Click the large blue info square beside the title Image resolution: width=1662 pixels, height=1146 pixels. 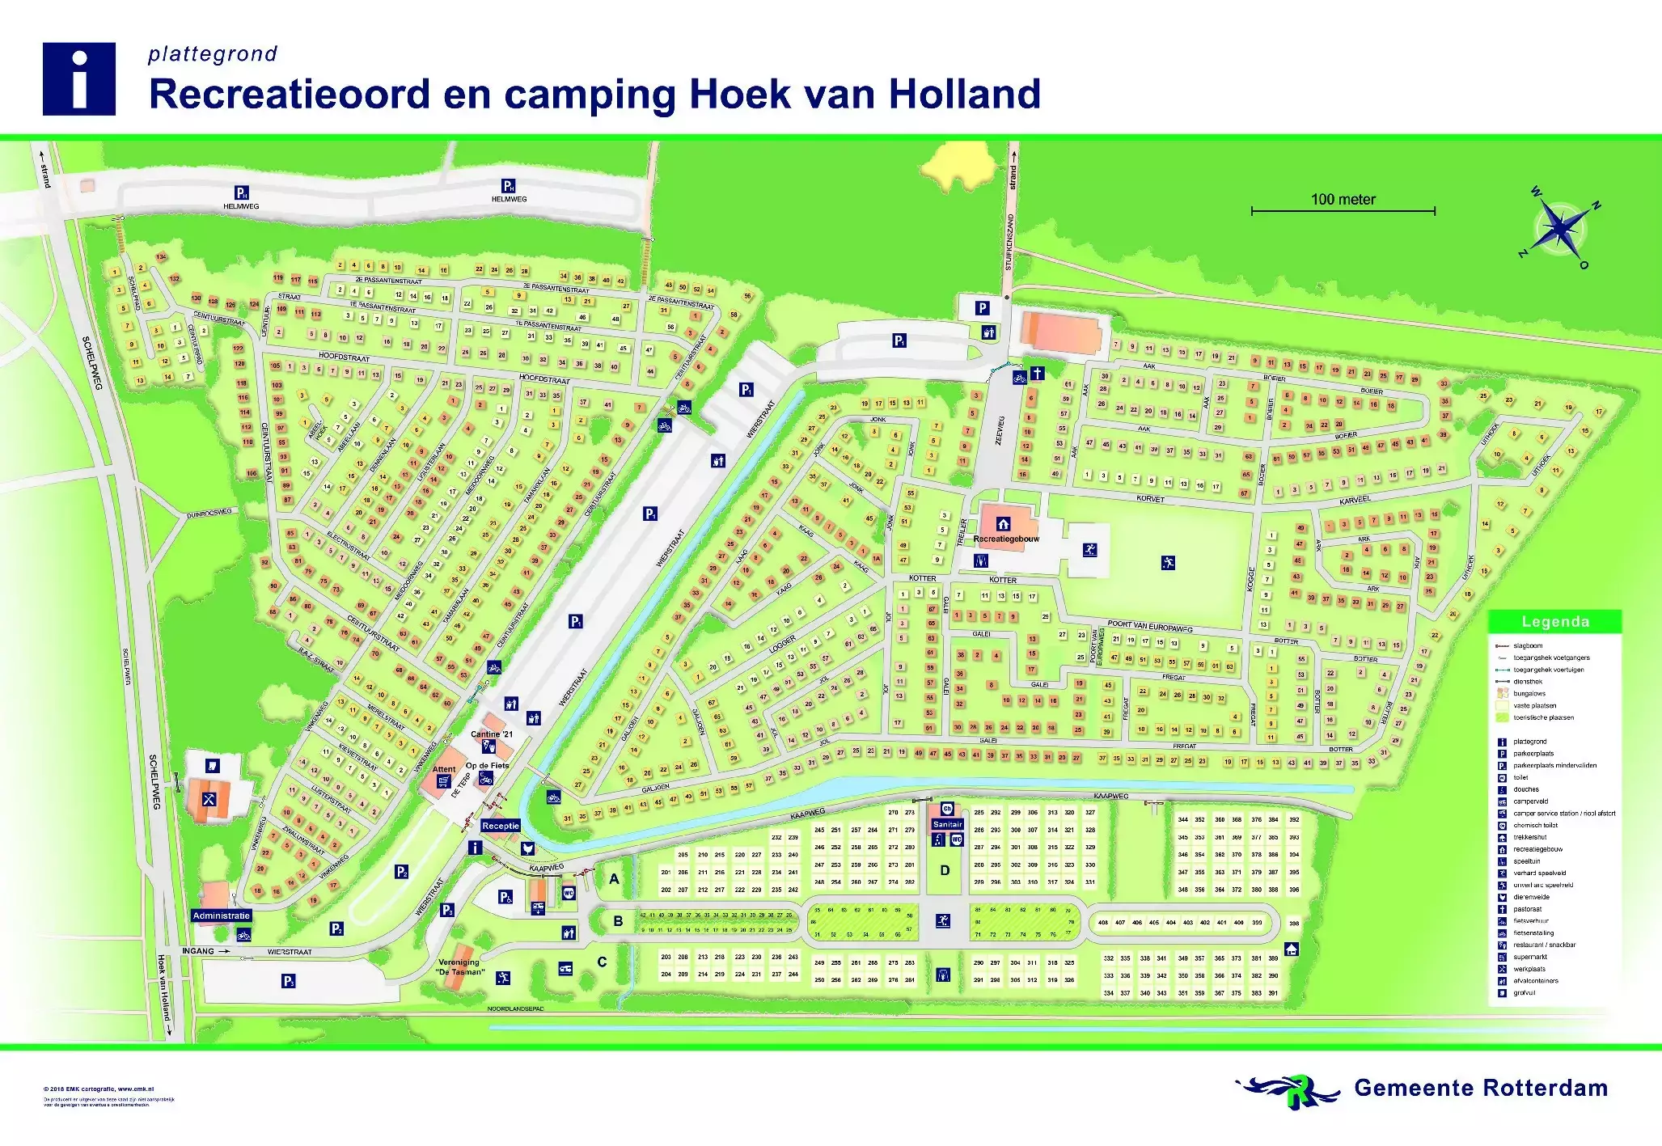[x=78, y=79]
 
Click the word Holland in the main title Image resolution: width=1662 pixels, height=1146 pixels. [x=964, y=94]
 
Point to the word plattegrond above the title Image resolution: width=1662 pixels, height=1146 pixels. [x=213, y=54]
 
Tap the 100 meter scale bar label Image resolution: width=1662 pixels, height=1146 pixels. [x=1343, y=200]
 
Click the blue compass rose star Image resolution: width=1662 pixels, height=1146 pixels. [x=1560, y=229]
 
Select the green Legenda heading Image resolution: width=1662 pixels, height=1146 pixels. [x=1554, y=622]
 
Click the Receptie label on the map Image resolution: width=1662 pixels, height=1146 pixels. [x=501, y=826]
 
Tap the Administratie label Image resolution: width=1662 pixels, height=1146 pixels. [x=222, y=916]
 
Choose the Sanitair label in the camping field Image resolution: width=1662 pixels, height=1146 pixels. [x=947, y=824]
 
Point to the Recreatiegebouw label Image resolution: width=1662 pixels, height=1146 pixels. [x=1006, y=539]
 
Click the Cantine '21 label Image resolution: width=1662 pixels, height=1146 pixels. [x=492, y=734]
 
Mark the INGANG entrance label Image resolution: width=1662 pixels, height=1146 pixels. [x=198, y=951]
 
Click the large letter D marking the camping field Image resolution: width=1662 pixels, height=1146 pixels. [x=945, y=870]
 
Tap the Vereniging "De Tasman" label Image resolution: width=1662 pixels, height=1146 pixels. [x=459, y=967]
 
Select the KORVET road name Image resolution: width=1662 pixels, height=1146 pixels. [x=1150, y=499]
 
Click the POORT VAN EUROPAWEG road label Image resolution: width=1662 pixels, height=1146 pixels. [x=1150, y=625]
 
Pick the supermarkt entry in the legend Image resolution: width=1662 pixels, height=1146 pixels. [x=1530, y=957]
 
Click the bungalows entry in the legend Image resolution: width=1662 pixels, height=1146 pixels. [x=1529, y=694]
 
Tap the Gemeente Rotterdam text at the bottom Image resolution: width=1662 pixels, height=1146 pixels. [x=1480, y=1089]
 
